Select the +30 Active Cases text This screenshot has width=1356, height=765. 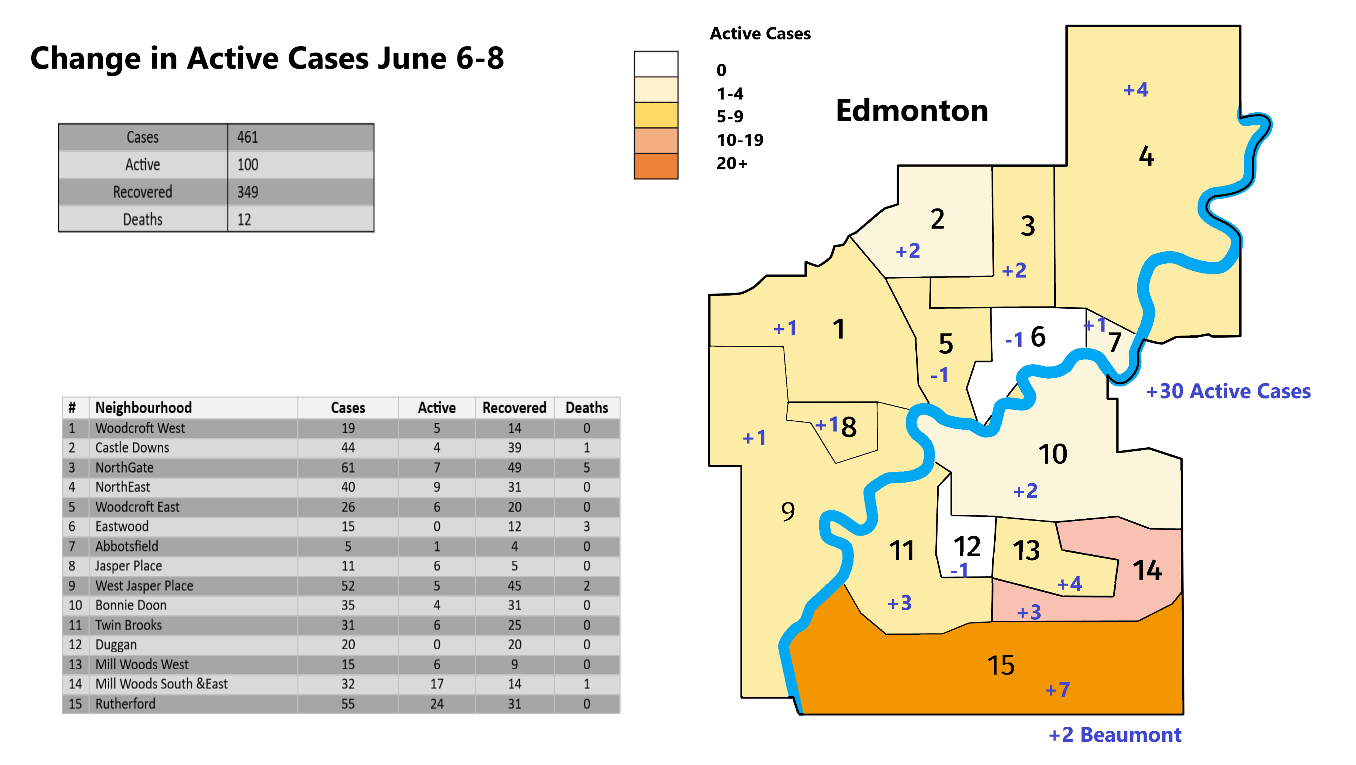(x=1228, y=391)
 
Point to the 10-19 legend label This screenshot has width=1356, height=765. (x=740, y=140)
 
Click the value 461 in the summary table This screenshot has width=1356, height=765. (x=247, y=137)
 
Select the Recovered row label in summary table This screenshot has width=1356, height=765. (x=142, y=192)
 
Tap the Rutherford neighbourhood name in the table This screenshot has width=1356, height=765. (x=125, y=703)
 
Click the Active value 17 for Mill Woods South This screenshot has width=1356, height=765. (x=436, y=684)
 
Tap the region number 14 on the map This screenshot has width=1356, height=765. (x=1147, y=570)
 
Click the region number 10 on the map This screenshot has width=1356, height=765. (x=1052, y=454)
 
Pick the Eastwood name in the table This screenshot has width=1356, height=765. (x=122, y=526)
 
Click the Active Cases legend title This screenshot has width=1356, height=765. (x=760, y=34)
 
